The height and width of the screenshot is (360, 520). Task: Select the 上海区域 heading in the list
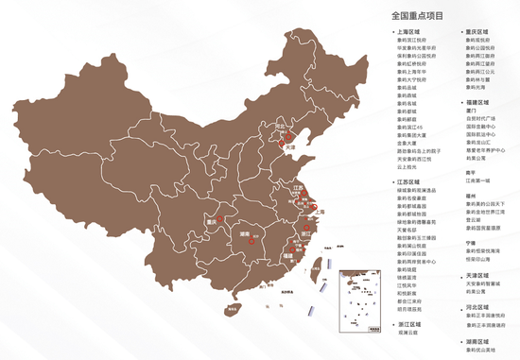410,32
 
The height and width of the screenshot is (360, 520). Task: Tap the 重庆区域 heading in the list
477,32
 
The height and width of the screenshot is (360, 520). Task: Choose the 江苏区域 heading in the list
410,179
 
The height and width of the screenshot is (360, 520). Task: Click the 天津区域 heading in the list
477,272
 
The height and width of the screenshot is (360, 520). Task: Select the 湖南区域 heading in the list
477,340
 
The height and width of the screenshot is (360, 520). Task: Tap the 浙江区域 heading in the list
410,324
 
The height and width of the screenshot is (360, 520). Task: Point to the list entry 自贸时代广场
482,117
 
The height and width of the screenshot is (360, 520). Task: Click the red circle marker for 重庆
219,218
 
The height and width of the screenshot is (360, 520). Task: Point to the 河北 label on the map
279,127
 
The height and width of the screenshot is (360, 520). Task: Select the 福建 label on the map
287,255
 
